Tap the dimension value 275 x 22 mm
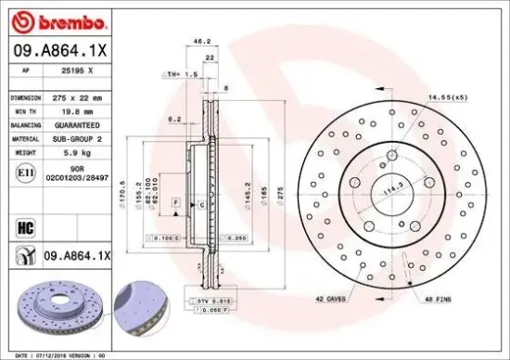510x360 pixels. click(77, 96)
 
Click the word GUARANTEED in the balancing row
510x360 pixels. click(75, 122)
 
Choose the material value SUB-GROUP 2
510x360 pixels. click(76, 136)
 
